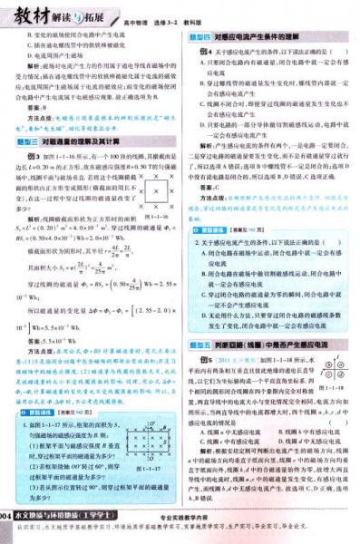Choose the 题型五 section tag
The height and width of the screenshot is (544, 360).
tap(199, 345)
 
